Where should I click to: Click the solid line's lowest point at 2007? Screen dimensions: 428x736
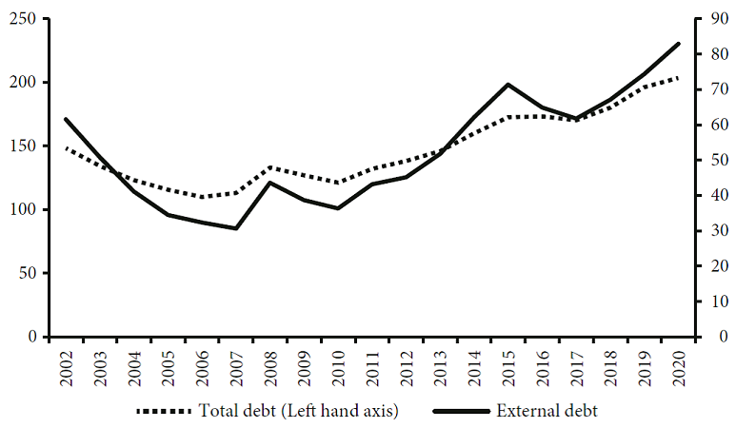coord(235,228)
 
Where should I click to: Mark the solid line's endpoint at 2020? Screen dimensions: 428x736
coord(678,44)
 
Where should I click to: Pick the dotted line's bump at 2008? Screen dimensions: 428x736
coord(270,167)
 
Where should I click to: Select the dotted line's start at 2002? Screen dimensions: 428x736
coord(65,148)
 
